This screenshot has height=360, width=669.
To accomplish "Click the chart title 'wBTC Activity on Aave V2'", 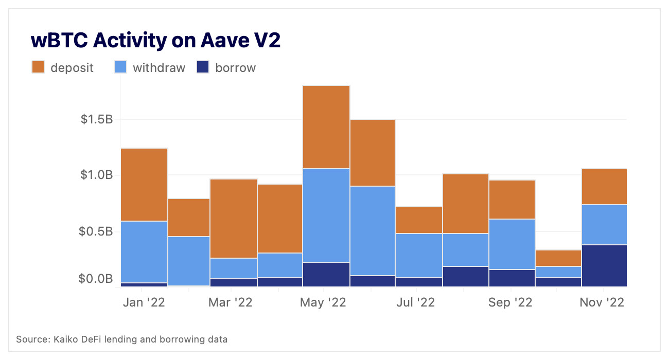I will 155,41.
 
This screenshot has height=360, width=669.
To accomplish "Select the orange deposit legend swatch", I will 39,67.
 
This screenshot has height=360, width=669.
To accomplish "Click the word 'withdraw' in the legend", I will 159,67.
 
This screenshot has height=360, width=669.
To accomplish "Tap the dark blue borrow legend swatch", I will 203,67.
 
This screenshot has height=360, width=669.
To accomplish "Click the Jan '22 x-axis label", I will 144,302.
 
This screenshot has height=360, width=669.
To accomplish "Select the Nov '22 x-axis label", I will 602,302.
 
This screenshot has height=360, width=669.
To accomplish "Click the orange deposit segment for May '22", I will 326,127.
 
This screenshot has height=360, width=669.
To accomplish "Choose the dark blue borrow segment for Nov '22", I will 604,265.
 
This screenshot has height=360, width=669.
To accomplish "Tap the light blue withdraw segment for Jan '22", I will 144,251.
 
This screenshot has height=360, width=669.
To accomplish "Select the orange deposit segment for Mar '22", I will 233,218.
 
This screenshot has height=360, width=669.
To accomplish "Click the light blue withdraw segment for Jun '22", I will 373,230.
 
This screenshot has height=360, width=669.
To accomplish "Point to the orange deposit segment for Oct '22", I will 558,258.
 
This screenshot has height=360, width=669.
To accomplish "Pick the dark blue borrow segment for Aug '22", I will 466,276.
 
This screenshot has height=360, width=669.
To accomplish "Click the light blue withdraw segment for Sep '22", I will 512,244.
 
